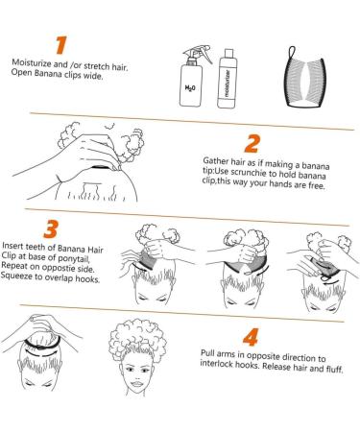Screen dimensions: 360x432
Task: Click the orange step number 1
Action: click(x=61, y=45)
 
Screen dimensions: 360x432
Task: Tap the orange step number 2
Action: click(x=252, y=144)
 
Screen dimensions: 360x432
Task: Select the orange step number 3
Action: click(x=51, y=228)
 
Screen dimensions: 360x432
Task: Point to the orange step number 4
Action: click(x=251, y=337)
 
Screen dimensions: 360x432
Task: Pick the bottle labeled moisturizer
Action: click(x=228, y=79)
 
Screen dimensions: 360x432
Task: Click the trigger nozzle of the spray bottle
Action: click(x=199, y=53)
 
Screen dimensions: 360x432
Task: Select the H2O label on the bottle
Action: click(x=190, y=87)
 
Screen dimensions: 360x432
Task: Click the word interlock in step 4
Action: click(x=216, y=364)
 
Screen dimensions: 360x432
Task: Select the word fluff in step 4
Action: click(x=334, y=370)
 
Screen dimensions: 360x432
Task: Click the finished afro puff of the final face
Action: click(x=137, y=337)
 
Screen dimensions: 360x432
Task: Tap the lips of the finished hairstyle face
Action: click(x=137, y=383)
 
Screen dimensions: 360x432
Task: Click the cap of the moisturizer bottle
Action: click(x=228, y=53)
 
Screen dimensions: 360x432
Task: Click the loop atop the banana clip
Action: click(x=291, y=52)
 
